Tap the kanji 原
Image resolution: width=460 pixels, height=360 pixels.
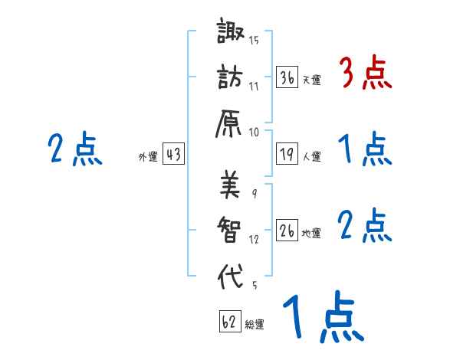pos(229,121)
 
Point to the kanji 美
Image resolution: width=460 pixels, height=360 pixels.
pos(229,185)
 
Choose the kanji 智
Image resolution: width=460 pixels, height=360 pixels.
pos(229,227)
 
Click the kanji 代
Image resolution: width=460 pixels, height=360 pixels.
pos(229,273)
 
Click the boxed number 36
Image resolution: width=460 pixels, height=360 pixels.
pos(287,77)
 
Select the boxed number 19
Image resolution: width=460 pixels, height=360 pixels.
pos(287,155)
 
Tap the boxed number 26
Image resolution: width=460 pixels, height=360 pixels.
pos(287,231)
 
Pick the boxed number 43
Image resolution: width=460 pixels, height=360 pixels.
pos(172,155)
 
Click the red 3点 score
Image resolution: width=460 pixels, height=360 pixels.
pos(365,74)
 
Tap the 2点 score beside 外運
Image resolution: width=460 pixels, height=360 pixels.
pos(74,149)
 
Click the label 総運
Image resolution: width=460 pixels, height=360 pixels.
pos(255,324)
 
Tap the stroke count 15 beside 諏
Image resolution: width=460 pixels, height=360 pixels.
pos(254,41)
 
